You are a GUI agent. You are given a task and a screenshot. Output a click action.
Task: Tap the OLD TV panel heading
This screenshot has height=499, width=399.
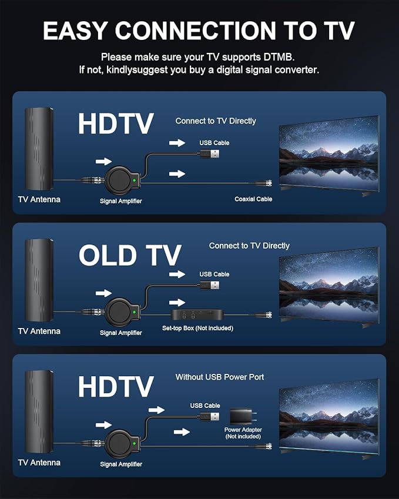pos(130,256)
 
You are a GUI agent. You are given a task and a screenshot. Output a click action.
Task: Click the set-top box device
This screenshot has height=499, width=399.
pos(197,314)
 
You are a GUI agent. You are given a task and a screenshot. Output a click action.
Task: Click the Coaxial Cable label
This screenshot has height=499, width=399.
pos(253,199)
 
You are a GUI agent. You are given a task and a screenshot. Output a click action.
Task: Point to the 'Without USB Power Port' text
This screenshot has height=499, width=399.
pos(220,377)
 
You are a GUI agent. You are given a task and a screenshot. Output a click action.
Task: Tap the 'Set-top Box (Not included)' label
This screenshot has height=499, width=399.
pos(197,328)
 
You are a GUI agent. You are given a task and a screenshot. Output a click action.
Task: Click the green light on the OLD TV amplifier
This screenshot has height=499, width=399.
pos(134,312)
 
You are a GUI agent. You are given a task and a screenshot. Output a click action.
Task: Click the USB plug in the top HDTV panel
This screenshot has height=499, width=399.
pos(210,154)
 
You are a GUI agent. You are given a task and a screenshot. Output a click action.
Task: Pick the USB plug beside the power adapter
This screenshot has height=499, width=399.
pos(210,417)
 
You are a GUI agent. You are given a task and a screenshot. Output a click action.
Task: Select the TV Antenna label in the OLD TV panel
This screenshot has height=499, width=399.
pos(39,331)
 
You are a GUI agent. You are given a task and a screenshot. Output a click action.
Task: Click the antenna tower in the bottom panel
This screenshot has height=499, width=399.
pos(39,411)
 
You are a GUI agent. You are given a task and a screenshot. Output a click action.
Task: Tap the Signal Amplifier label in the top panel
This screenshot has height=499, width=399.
pos(121,201)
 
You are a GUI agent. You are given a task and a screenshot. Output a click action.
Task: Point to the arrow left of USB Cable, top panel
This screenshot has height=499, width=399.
pos(177,143)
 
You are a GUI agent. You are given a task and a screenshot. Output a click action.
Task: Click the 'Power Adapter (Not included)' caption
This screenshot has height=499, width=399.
pos(243,433)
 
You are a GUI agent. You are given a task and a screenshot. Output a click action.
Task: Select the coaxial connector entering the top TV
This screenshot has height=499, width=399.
pos(266,183)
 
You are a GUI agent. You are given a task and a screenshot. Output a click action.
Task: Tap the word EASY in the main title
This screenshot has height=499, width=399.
pos(75,31)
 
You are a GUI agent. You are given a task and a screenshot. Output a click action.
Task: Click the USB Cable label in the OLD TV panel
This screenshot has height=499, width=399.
pos(214,274)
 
